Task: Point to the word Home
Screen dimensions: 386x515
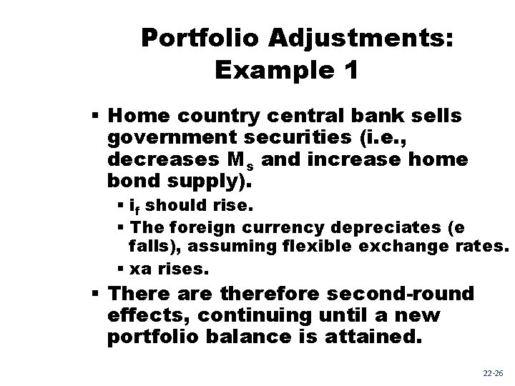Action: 141,116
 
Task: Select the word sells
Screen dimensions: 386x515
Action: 437,116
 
